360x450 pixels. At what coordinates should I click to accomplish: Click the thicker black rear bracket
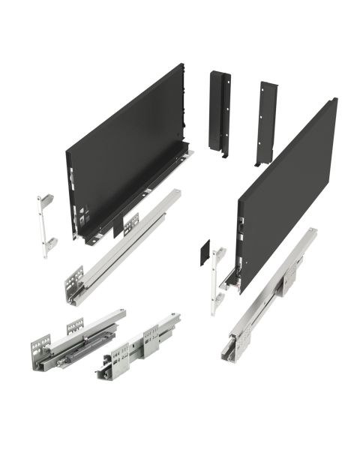pos(219,112)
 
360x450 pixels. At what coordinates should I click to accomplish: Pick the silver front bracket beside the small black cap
pos(218,277)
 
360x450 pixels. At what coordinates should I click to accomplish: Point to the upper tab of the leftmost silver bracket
pos(46,200)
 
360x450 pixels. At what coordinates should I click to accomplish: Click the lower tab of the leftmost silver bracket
pos(49,244)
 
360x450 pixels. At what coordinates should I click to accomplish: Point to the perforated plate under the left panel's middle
pos(130,224)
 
